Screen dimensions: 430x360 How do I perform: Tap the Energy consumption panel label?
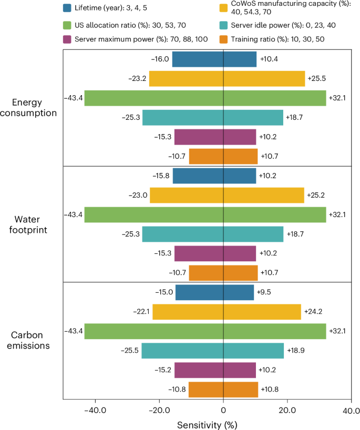tap(31, 108)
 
